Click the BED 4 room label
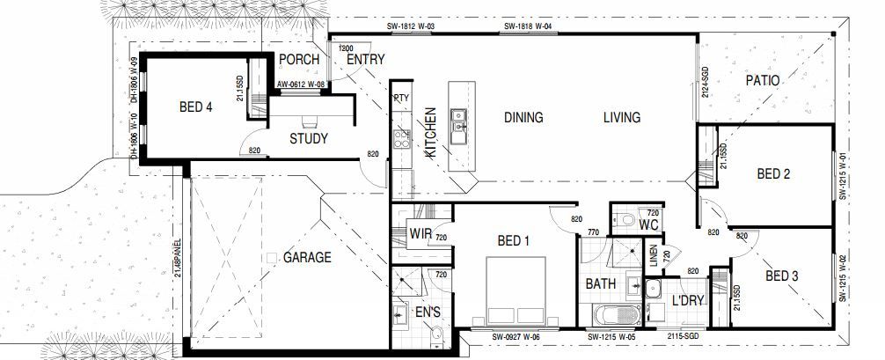(196, 107)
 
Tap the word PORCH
(298, 60)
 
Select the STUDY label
(308, 138)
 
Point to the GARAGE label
(307, 258)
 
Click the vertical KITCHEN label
(430, 132)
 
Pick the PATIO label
(763, 80)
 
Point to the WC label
(649, 225)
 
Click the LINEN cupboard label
(652, 254)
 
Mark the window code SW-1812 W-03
(413, 27)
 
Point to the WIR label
(418, 233)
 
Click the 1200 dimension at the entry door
(346, 48)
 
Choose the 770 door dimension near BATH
(592, 232)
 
